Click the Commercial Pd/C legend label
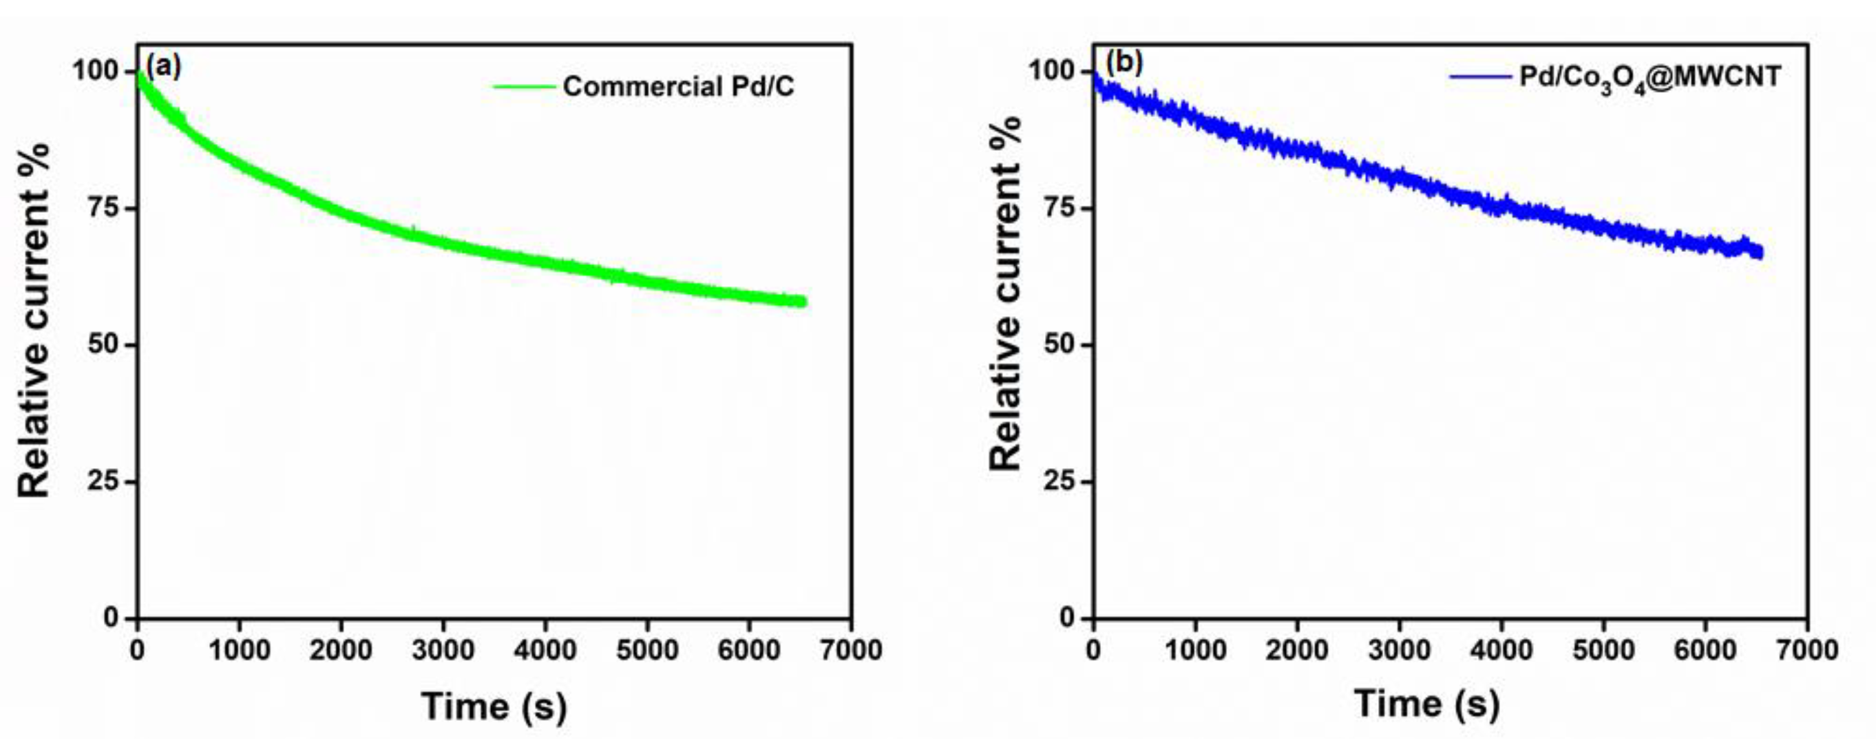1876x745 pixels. tap(678, 87)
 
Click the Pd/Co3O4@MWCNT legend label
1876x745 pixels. tap(1650, 76)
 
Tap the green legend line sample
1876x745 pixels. tap(524, 87)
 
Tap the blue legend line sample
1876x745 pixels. tap(1480, 76)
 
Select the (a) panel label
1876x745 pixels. tap(163, 66)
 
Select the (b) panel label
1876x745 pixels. tap(1124, 63)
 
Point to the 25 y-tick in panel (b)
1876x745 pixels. tap(1059, 481)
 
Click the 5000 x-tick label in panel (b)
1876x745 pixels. tap(1603, 649)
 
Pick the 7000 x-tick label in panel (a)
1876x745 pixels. tap(852, 649)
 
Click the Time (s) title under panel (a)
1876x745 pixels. tap(494, 706)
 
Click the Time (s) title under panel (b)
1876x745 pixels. tap(1427, 704)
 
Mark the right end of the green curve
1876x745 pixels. tap(803, 302)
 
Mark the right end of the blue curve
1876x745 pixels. tap(1760, 253)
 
